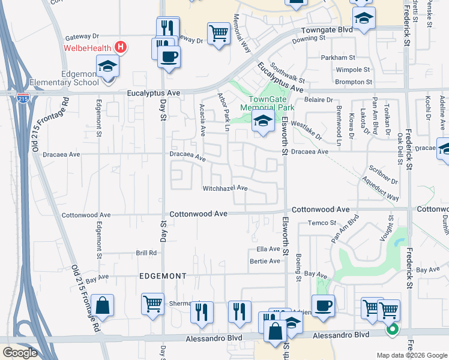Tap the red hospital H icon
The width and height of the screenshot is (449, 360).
pos(121,47)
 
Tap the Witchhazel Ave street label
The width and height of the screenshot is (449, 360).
pos(225,188)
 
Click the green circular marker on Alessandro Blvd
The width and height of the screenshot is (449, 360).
pos(392,329)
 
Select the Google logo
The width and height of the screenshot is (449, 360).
pos(20,352)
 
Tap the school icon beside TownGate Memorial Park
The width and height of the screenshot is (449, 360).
pos(262,121)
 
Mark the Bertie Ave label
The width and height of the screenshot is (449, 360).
pos(265,261)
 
